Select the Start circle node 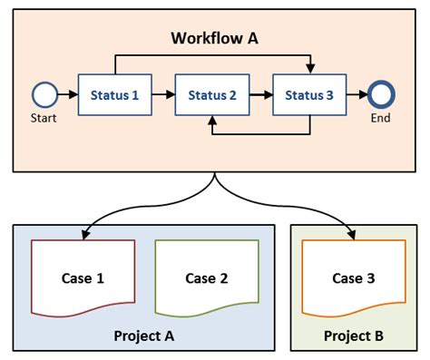pyautogui.click(x=44, y=93)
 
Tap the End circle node pyautogui.click(x=382, y=93)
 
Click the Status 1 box pyautogui.click(x=114, y=93)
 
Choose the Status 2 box pyautogui.click(x=211, y=93)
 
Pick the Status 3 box pyautogui.click(x=309, y=93)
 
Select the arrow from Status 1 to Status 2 pyautogui.click(x=162, y=93)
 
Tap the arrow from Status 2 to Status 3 pyautogui.click(x=260, y=93)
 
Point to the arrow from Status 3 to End pyautogui.click(x=357, y=93)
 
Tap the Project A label pyautogui.click(x=144, y=336)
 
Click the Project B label pyautogui.click(x=354, y=336)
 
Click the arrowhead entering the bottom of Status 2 pyautogui.click(x=211, y=119)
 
